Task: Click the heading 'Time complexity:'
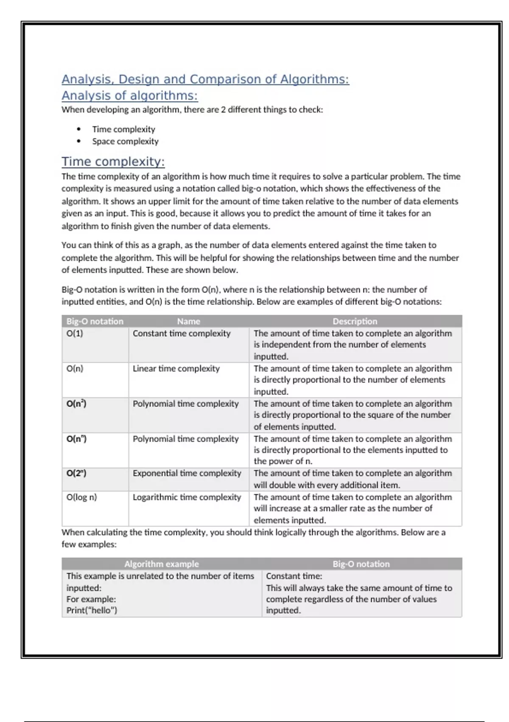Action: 113,162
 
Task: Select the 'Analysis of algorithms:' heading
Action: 129,96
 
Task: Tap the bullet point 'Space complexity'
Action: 125,141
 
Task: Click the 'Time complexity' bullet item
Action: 123,129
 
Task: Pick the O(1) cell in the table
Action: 75,333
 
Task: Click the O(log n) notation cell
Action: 81,497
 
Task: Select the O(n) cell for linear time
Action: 75,369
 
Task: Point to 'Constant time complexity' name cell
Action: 182,333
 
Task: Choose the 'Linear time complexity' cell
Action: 176,369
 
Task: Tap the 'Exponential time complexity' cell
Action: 187,473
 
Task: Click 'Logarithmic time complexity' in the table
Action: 187,497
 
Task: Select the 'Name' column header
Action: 188,322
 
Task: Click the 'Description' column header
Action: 355,322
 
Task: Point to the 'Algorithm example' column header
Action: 161,564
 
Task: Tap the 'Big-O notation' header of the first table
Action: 95,322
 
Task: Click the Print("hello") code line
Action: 92,610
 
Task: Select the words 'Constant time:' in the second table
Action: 294,576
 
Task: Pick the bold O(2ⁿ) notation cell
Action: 76,473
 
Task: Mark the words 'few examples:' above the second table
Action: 89,544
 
